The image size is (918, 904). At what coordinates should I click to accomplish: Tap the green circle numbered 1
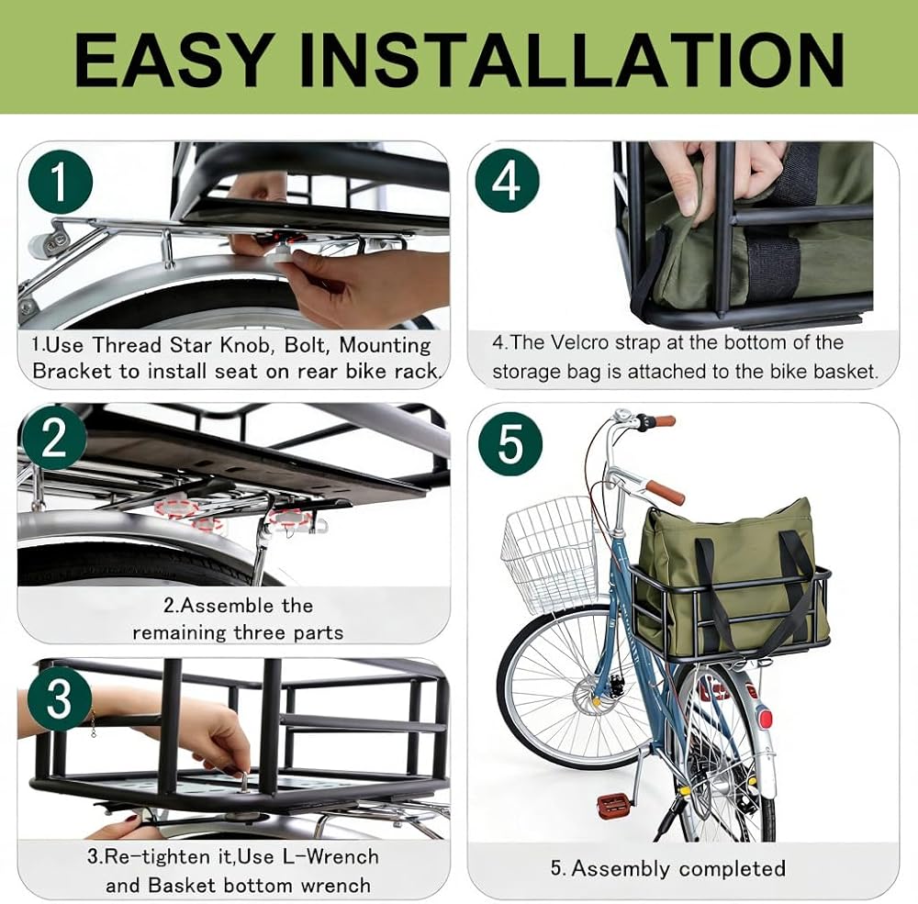click(x=61, y=181)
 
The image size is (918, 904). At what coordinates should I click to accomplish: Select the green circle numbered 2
click(x=54, y=439)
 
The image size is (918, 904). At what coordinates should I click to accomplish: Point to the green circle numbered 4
click(x=507, y=179)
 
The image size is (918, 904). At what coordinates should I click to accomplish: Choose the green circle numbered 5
click(x=510, y=443)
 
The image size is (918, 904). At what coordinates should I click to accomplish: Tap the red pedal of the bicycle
click(x=613, y=803)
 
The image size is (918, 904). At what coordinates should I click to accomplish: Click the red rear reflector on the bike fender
click(x=764, y=718)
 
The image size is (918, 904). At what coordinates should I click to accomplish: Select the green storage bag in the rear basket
click(x=731, y=576)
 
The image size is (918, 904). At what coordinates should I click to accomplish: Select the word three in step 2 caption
click(x=260, y=633)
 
